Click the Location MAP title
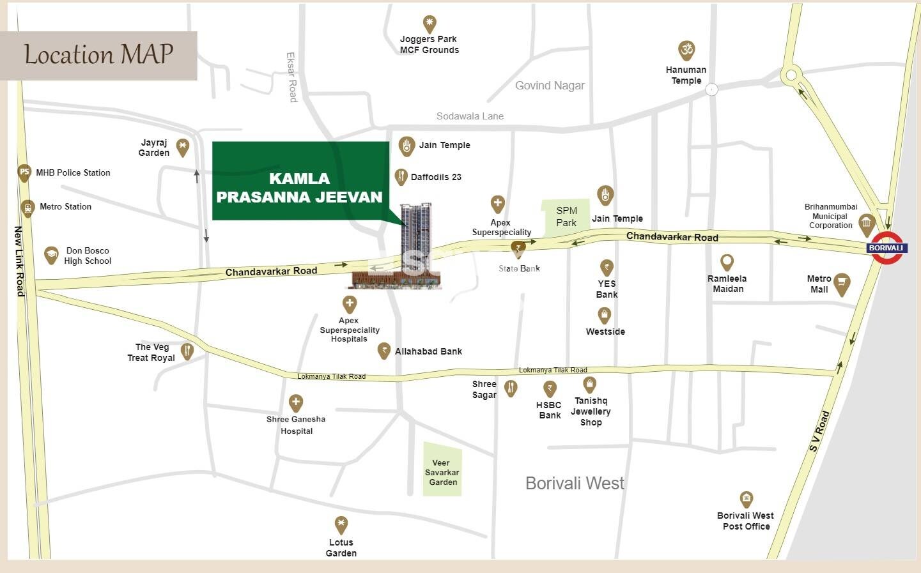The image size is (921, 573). click(x=98, y=55)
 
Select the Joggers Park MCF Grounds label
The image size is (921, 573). click(x=429, y=45)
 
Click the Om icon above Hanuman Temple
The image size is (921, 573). click(x=686, y=50)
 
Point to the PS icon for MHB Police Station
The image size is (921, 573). click(x=24, y=172)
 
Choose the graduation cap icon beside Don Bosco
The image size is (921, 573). click(x=51, y=255)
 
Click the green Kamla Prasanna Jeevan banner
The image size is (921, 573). click(x=300, y=181)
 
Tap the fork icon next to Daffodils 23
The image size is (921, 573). click(x=401, y=176)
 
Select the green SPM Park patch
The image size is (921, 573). click(x=566, y=217)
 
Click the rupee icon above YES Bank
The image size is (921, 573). click(x=607, y=267)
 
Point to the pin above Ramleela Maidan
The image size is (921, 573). click(x=727, y=262)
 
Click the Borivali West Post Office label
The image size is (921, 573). click(x=745, y=521)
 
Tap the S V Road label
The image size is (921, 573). click(x=819, y=431)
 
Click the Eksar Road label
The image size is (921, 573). click(x=291, y=77)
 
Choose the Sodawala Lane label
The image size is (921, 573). click(x=470, y=116)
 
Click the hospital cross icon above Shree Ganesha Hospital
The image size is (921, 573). click(x=295, y=402)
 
